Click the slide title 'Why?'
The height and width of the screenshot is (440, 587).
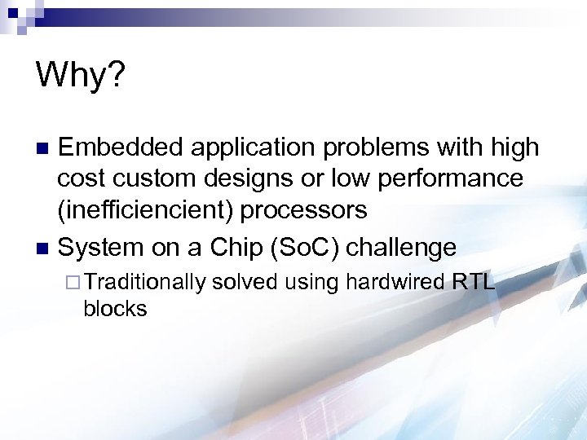[x=80, y=77]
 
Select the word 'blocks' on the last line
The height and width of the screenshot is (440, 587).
[x=115, y=309]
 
